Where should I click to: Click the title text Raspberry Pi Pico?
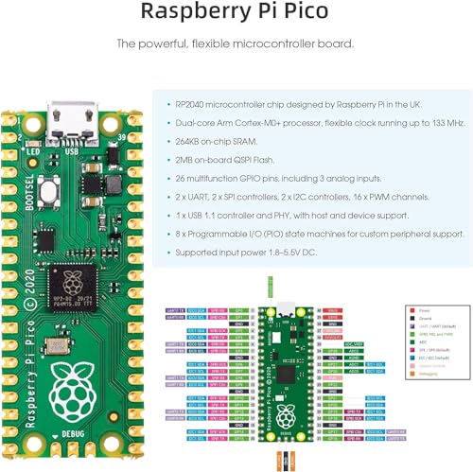(x=236, y=12)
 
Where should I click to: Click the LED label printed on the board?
(x=34, y=151)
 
